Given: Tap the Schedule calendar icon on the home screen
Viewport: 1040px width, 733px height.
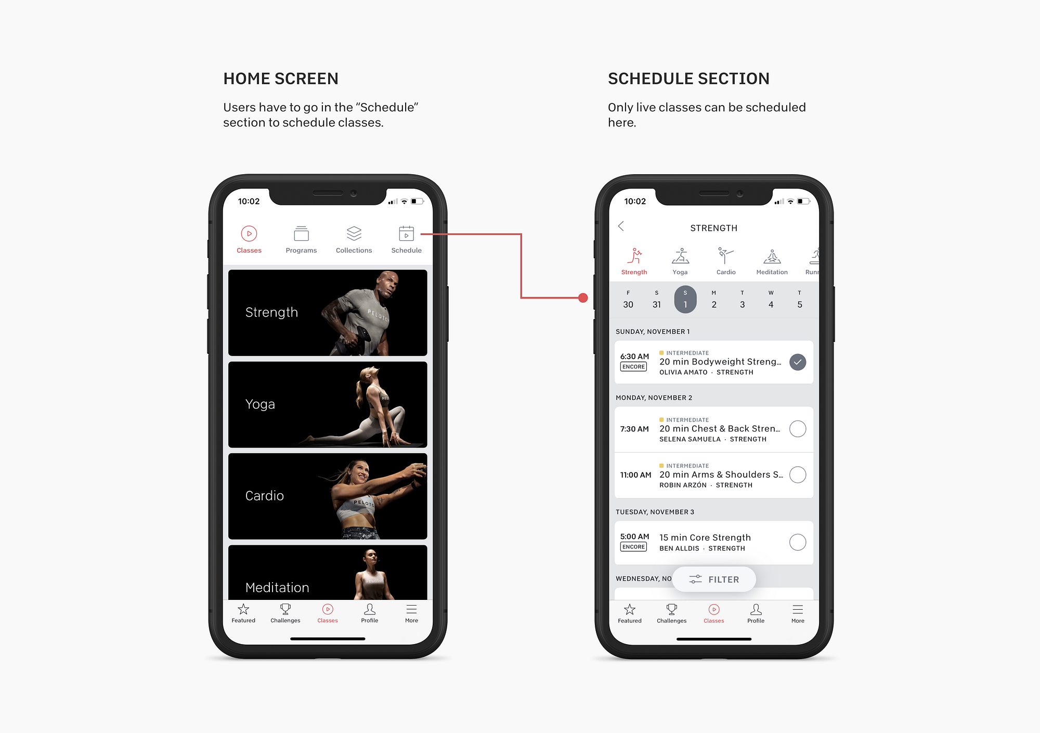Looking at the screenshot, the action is pyautogui.click(x=406, y=233).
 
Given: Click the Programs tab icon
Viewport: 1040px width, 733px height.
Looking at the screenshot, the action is pyautogui.click(x=301, y=233).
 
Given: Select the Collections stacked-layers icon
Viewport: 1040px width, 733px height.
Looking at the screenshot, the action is pyautogui.click(x=354, y=233).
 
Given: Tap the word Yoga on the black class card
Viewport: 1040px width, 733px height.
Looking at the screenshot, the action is pyautogui.click(x=260, y=404).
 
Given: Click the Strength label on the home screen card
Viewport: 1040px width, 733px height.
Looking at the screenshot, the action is pyautogui.click(x=271, y=312).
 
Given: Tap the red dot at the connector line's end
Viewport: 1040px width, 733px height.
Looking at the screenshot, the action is pyautogui.click(x=583, y=298).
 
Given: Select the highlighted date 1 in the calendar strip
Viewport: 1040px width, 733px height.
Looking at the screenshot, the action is pyautogui.click(x=685, y=299).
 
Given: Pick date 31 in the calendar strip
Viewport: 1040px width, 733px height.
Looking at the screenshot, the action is pyautogui.click(x=657, y=305).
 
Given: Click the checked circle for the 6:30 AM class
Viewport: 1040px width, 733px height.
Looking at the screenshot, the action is pyautogui.click(x=798, y=362).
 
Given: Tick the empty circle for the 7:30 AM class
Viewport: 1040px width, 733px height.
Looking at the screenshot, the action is pyautogui.click(x=798, y=429).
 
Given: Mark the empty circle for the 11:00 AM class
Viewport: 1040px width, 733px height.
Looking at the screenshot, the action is pyautogui.click(x=798, y=475).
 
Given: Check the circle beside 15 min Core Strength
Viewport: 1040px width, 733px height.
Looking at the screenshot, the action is pyautogui.click(x=798, y=542).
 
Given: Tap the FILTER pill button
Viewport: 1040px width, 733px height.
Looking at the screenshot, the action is pyautogui.click(x=714, y=579).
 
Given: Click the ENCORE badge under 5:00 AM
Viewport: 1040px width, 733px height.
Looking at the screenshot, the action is pyautogui.click(x=633, y=547).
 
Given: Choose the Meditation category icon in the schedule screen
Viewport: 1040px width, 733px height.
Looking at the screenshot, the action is pyautogui.click(x=772, y=256).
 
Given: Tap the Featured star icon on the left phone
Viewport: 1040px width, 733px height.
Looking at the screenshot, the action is pyautogui.click(x=243, y=609).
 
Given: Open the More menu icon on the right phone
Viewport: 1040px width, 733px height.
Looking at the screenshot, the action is pyautogui.click(x=798, y=609).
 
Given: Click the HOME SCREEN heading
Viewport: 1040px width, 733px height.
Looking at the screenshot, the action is pyautogui.click(x=281, y=78).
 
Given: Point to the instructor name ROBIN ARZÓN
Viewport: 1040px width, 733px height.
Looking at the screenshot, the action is pyautogui.click(x=683, y=485).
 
